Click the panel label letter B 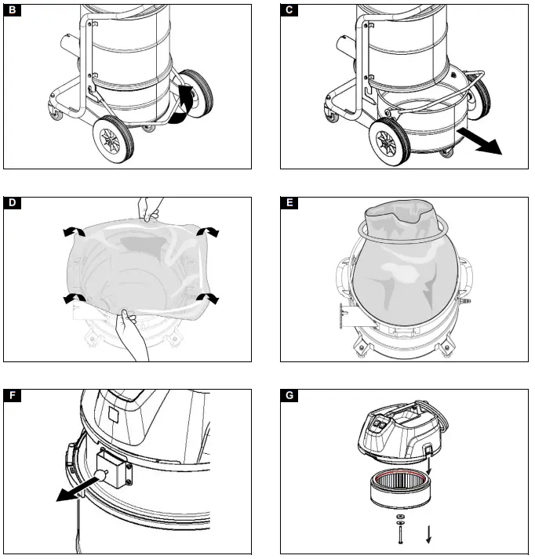click(13, 11)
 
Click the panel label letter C click(289, 11)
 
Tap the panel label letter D click(13, 204)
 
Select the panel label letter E click(289, 204)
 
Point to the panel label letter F click(13, 396)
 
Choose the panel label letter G click(289, 396)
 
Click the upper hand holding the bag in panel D click(149, 208)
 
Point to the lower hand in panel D click(131, 337)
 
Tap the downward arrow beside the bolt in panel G click(428, 535)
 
